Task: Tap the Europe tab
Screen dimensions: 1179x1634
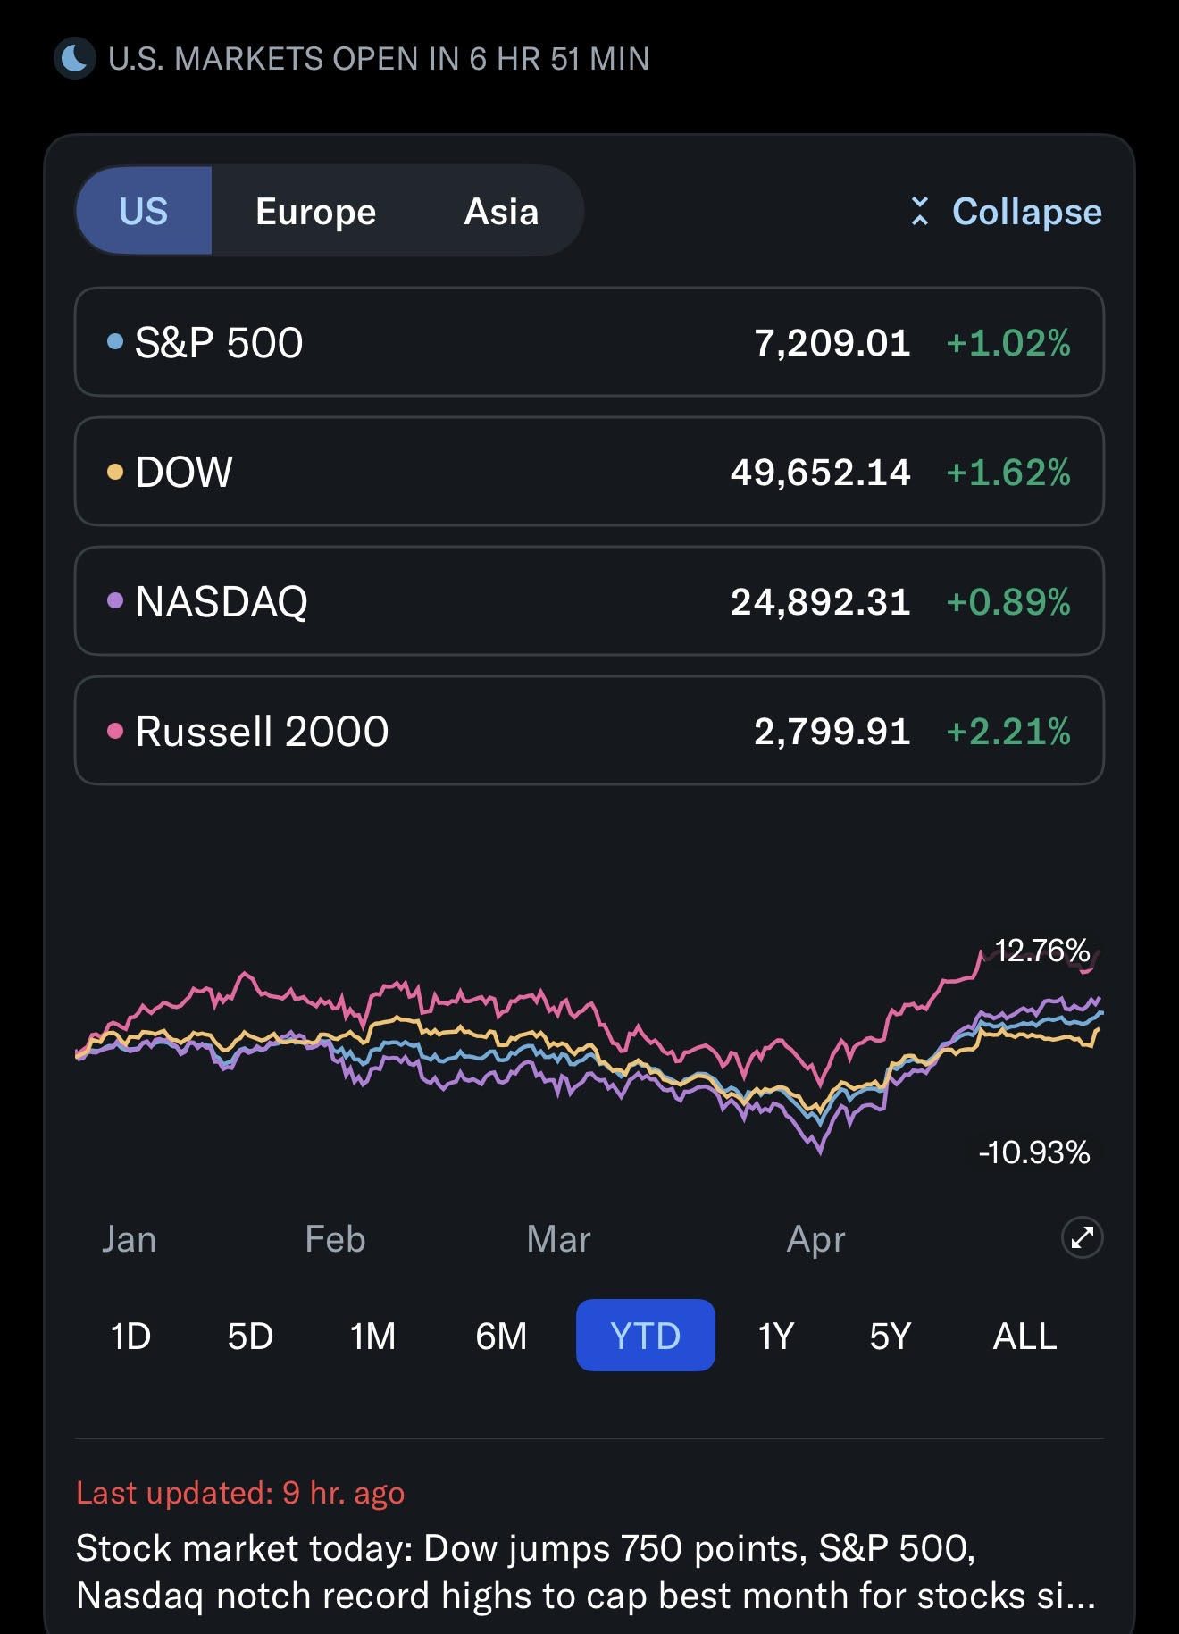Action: click(x=315, y=212)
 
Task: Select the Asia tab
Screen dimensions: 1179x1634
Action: click(x=501, y=212)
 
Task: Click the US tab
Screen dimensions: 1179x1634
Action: click(x=143, y=212)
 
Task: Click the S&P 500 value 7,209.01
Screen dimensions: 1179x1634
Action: click(x=832, y=342)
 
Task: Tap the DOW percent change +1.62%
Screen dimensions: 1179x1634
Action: click(x=1008, y=472)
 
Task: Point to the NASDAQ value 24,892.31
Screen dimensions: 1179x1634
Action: click(x=821, y=601)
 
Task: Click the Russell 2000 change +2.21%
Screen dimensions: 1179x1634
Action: click(x=1008, y=731)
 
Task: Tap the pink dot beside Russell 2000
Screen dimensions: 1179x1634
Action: click(x=114, y=731)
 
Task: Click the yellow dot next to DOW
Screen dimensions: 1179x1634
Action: click(x=114, y=472)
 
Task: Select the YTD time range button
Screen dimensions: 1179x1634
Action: click(x=645, y=1335)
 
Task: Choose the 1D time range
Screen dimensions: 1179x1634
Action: click(x=130, y=1336)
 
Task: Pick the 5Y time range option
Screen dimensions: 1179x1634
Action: click(x=890, y=1336)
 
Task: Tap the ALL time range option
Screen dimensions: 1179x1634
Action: click(x=1024, y=1336)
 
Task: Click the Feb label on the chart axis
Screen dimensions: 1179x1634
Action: click(x=335, y=1239)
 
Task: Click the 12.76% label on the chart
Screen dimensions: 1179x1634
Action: click(x=1042, y=951)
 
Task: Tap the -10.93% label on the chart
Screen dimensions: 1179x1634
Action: click(x=1034, y=1152)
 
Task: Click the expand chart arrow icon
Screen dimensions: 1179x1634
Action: click(x=1082, y=1237)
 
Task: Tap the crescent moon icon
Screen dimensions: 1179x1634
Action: click(x=75, y=58)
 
